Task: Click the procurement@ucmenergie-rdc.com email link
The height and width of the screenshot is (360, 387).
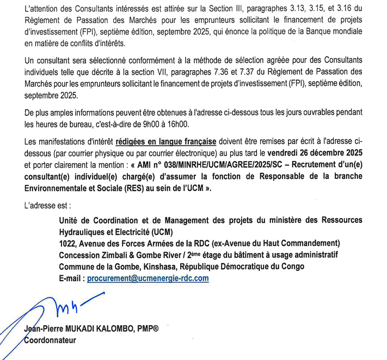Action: pos(148,278)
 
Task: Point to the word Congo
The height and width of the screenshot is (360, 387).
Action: pos(292,266)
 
